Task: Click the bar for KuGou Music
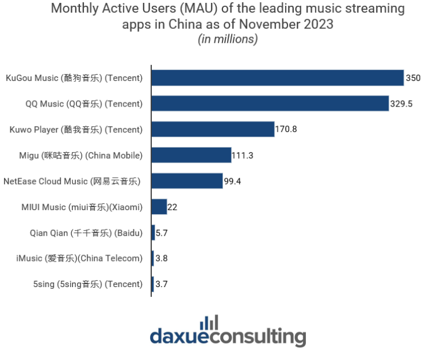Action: coord(278,78)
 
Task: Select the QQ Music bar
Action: coord(270,104)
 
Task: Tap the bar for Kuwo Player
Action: coord(213,129)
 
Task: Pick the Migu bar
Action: coord(191,155)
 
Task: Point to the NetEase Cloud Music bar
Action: coord(187,181)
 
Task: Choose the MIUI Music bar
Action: coord(159,207)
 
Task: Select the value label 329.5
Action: coord(400,104)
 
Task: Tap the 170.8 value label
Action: coord(286,130)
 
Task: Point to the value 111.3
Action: coord(243,156)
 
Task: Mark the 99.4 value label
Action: coord(232,182)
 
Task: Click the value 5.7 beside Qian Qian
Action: coord(162,233)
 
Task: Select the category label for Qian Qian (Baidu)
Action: coord(86,233)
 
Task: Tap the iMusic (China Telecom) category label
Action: coord(79,259)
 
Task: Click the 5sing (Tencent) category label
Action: coord(88,284)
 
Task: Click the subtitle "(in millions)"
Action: coord(228,39)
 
